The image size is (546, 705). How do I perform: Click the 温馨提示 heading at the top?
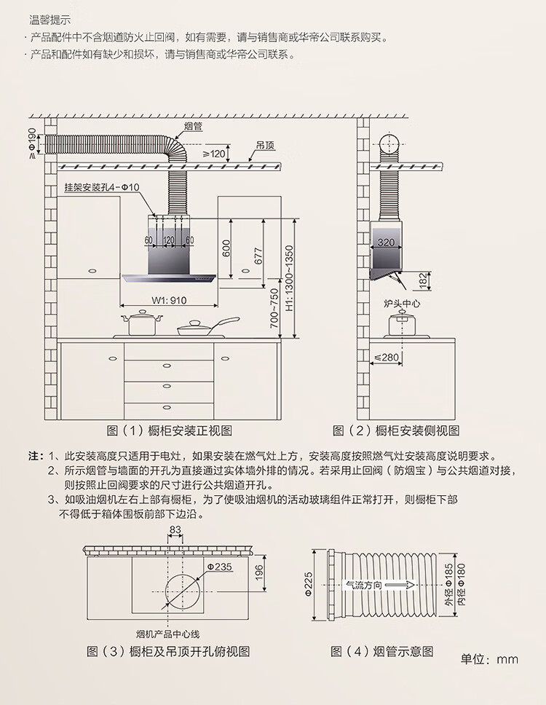click(50, 20)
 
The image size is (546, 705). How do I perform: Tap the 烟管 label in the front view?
click(193, 127)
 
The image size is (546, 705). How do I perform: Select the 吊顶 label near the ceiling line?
click(265, 146)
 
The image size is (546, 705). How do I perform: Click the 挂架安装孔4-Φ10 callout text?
click(101, 187)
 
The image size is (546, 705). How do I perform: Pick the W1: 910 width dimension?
click(168, 300)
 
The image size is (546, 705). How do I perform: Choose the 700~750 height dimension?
click(274, 309)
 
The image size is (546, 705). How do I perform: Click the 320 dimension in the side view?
click(386, 242)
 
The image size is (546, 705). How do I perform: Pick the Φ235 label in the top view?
click(219, 566)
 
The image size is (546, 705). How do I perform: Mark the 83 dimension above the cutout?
click(175, 529)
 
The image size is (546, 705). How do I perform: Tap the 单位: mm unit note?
click(489, 658)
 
